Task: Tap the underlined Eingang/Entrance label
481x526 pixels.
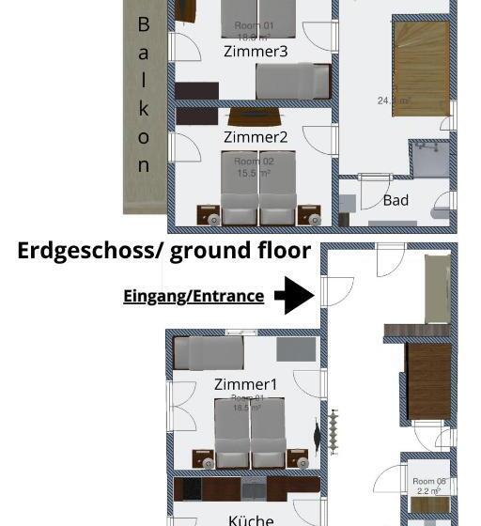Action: [194, 296]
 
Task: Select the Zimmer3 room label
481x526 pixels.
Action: [256, 52]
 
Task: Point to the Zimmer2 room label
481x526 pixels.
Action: [256, 137]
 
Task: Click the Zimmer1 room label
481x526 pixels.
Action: [246, 384]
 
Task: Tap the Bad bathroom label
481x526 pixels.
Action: [396, 200]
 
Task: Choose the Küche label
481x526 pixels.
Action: [251, 518]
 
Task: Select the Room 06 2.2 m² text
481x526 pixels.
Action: [429, 487]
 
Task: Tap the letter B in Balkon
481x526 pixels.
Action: [144, 24]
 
